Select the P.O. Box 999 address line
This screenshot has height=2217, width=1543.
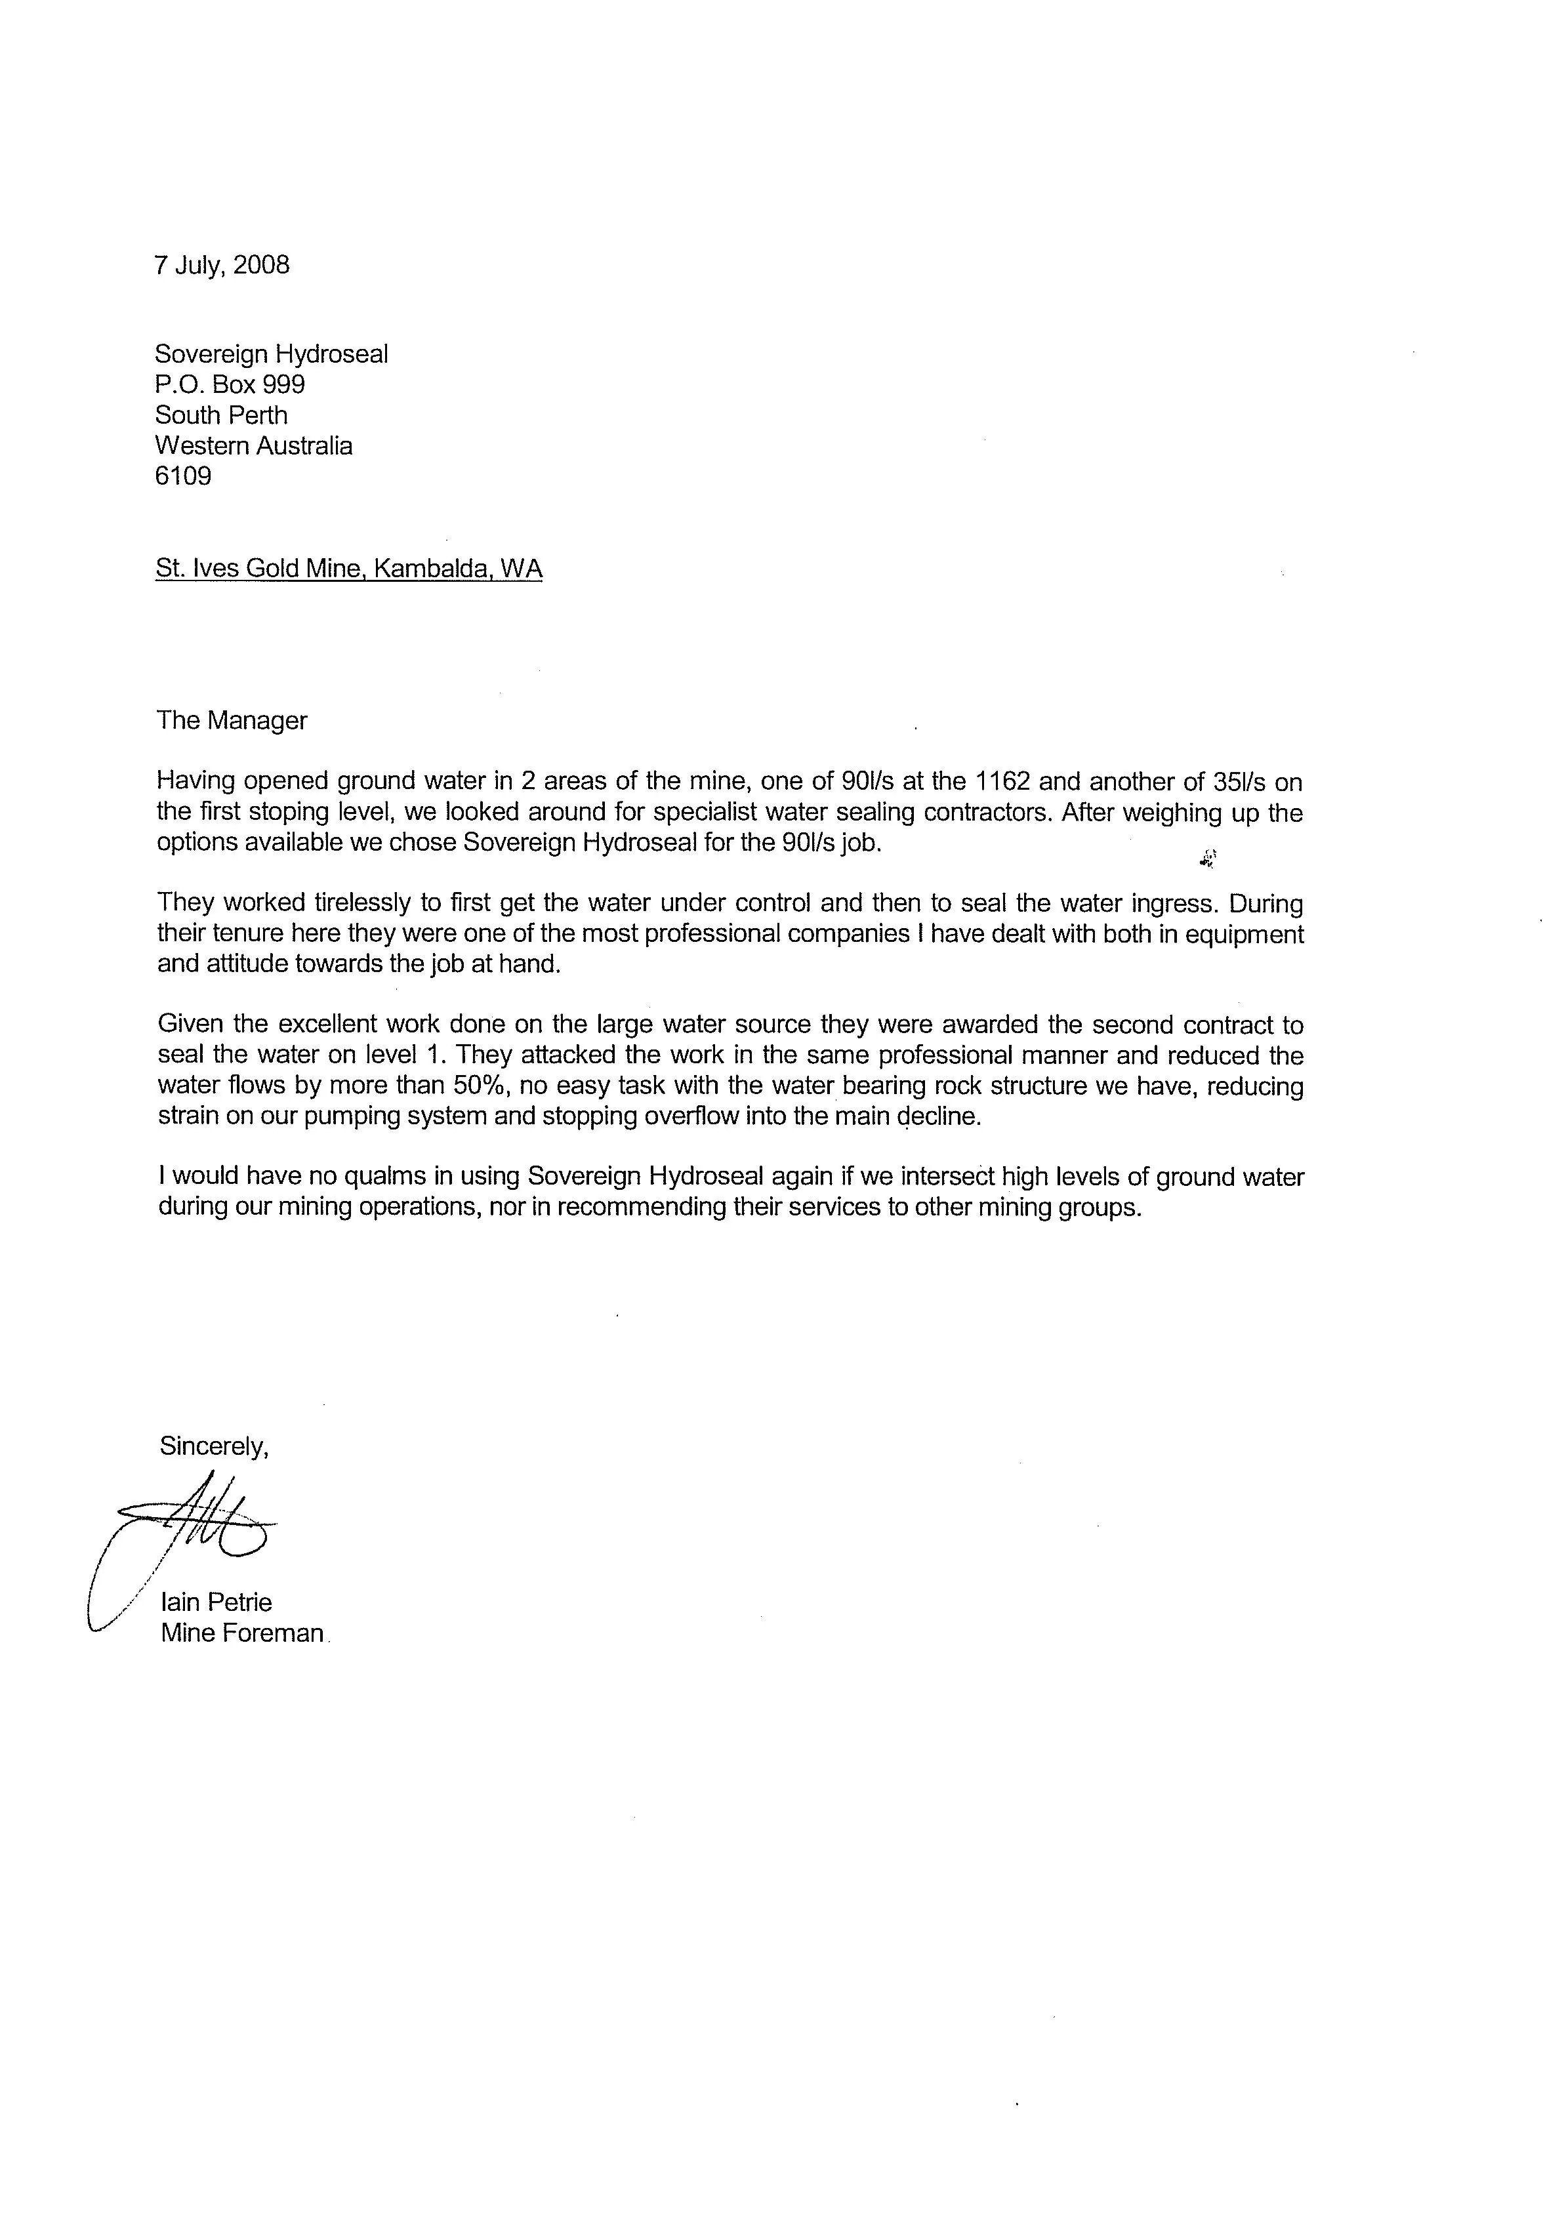click(x=230, y=384)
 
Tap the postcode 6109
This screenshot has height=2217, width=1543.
click(x=182, y=476)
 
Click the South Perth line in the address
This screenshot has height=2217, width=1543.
click(x=221, y=415)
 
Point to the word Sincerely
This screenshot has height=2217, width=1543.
click(x=213, y=1446)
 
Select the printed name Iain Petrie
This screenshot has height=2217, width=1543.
click(x=216, y=1602)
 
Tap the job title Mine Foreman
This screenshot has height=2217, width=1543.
click(x=242, y=1633)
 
